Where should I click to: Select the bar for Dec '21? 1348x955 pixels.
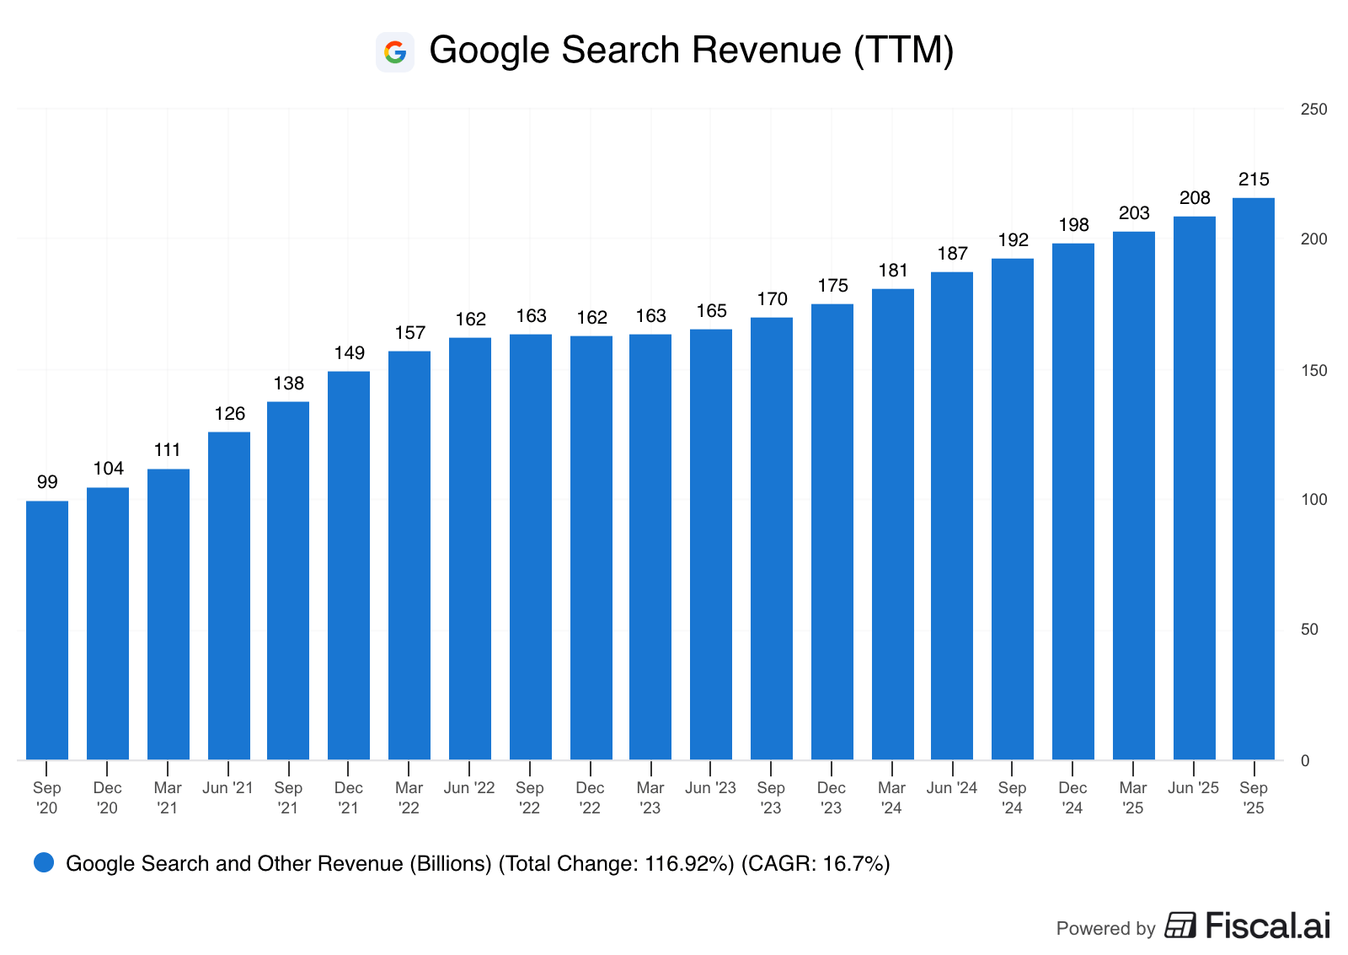(x=349, y=566)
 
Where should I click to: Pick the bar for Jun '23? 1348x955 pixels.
(x=711, y=545)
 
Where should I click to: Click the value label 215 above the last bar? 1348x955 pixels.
(x=1254, y=180)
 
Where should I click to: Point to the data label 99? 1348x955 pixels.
(x=47, y=482)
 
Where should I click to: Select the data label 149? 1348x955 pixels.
(x=349, y=353)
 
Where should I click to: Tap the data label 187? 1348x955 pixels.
(x=952, y=254)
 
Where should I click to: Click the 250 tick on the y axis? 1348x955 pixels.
(x=1313, y=110)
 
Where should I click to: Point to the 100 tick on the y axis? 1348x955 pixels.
(x=1313, y=500)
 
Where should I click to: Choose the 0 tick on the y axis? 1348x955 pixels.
(x=1305, y=761)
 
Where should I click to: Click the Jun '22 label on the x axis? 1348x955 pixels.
(x=469, y=788)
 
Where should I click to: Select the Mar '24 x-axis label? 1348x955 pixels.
(x=891, y=798)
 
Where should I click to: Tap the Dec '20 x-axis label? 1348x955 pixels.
(x=108, y=798)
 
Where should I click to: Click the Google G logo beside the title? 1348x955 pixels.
(x=394, y=52)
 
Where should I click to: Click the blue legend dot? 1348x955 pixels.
(x=44, y=862)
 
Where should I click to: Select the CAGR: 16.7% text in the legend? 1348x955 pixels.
(x=816, y=864)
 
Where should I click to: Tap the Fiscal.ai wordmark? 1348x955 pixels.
(x=1267, y=925)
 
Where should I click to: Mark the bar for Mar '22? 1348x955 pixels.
(x=409, y=555)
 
